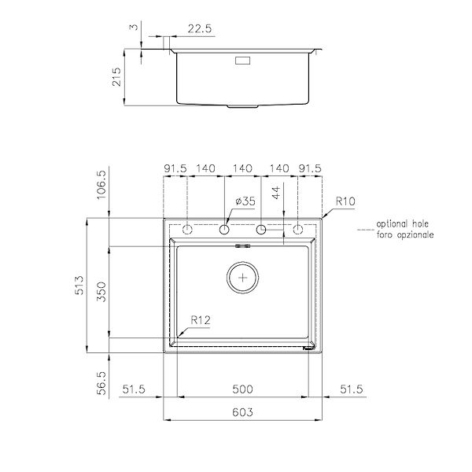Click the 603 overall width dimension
tap(242, 412)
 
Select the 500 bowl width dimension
tap(242, 389)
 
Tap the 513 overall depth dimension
tap(79, 285)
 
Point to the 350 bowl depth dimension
tap(101, 292)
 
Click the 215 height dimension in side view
tap(116, 77)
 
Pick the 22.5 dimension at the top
tap(200, 28)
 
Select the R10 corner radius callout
tap(345, 201)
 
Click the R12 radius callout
tap(201, 320)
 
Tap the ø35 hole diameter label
tap(245, 201)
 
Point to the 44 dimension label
tap(276, 193)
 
